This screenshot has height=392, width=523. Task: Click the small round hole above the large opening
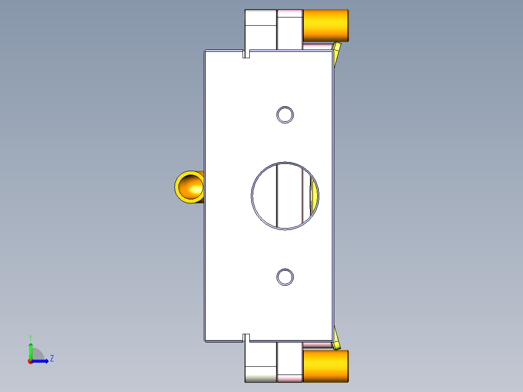tap(285, 115)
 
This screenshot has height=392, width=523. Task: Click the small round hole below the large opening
tap(285, 277)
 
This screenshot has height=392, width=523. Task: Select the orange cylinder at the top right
tap(326, 26)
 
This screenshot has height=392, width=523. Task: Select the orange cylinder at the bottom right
tap(326, 365)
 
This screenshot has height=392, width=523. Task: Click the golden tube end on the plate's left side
tap(189, 187)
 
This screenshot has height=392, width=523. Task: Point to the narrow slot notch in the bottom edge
tap(246, 338)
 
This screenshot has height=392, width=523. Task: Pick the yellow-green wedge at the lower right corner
tap(336, 342)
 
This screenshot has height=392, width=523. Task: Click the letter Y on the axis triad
tap(30, 337)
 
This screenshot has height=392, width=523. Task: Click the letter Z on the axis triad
tap(51, 359)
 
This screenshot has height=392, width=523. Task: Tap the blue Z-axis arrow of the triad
tap(42, 361)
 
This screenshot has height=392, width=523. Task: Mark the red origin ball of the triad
tap(31, 361)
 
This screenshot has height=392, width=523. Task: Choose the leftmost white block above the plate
tap(261, 29)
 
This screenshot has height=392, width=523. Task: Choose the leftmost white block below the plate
tap(261, 361)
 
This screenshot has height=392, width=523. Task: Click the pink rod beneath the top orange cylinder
tap(317, 46)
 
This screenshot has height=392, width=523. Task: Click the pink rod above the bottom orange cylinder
tap(317, 345)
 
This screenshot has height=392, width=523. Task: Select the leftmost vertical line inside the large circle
tap(277, 196)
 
